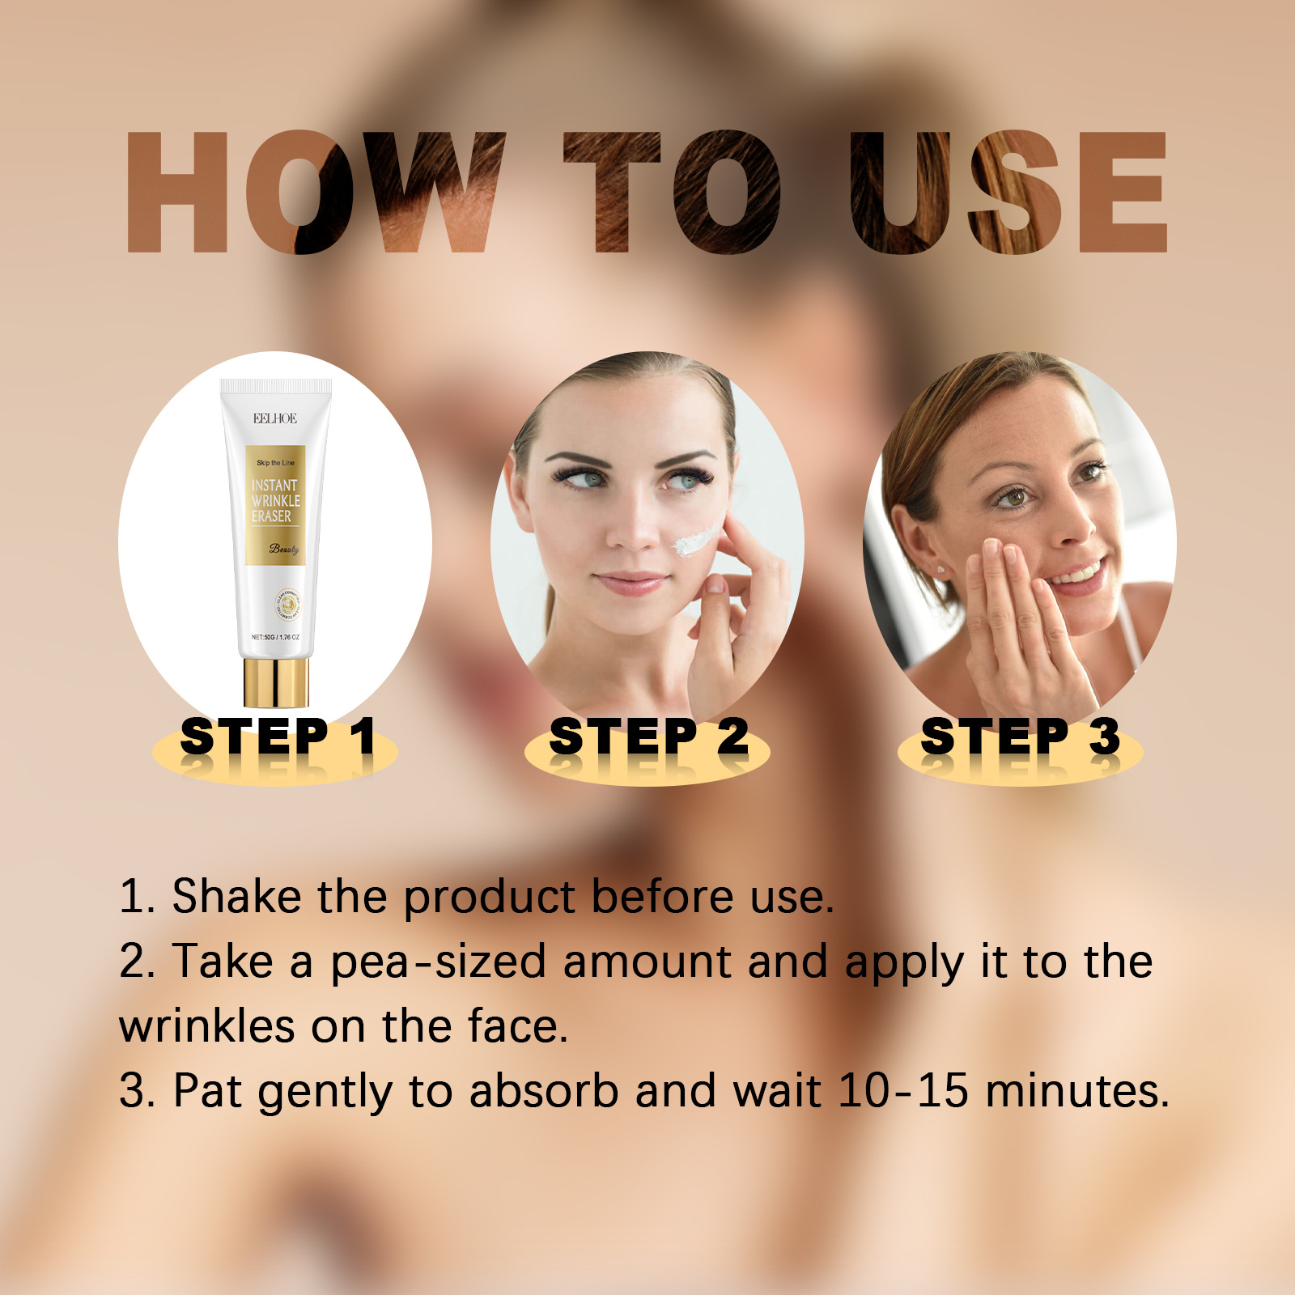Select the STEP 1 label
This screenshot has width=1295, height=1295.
(278, 737)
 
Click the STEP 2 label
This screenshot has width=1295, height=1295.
(648, 737)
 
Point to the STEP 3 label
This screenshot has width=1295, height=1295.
(1020, 737)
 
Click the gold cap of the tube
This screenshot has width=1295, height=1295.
(276, 682)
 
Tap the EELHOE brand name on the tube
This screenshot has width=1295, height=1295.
(275, 418)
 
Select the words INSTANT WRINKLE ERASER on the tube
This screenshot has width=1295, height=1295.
(275, 500)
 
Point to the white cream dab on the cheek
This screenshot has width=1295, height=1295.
(694, 540)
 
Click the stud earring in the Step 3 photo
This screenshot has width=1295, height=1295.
(940, 570)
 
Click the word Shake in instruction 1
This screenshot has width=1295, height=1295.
(236, 897)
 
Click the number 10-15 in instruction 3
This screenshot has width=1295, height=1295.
(902, 1090)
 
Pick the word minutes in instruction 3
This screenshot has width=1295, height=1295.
(1077, 1090)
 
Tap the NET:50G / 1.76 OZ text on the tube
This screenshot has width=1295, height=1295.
(275, 638)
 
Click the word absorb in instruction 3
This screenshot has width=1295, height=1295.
(544, 1090)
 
